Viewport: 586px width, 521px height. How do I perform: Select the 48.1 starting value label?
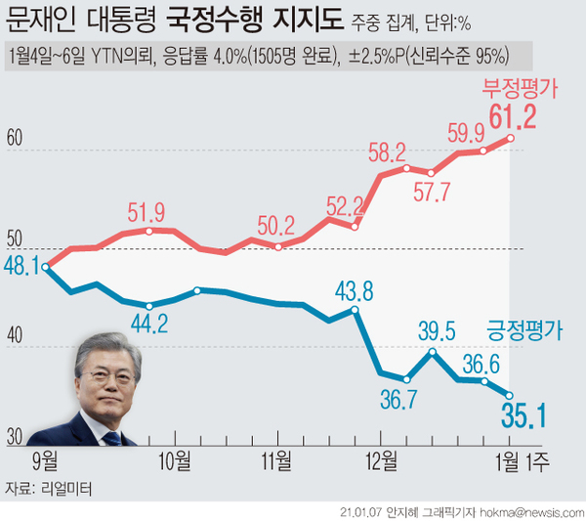coord(21,264)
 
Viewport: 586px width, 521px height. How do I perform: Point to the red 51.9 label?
coord(147,212)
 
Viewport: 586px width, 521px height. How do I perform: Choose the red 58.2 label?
coord(388,152)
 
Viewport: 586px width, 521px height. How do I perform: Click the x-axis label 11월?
coord(278,458)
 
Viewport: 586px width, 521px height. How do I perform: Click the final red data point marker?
coord(510,139)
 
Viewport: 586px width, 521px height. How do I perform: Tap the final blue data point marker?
coord(510,395)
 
